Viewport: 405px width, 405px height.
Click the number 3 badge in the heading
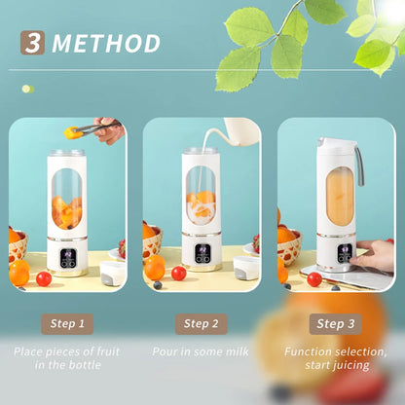(33, 44)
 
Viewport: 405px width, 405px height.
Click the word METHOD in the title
(106, 44)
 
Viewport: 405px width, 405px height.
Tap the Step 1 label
(67, 324)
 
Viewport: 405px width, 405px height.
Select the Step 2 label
(202, 324)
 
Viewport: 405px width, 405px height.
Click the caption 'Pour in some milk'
(202, 351)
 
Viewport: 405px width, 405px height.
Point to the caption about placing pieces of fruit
(67, 358)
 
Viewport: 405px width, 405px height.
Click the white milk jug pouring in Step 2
(239, 132)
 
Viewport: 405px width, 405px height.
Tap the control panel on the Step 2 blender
(202, 258)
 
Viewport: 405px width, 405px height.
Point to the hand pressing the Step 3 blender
(376, 256)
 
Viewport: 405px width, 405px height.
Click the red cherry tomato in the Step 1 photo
(44, 278)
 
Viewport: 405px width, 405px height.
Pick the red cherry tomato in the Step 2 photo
(178, 274)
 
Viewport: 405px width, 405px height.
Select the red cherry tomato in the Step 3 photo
(313, 279)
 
